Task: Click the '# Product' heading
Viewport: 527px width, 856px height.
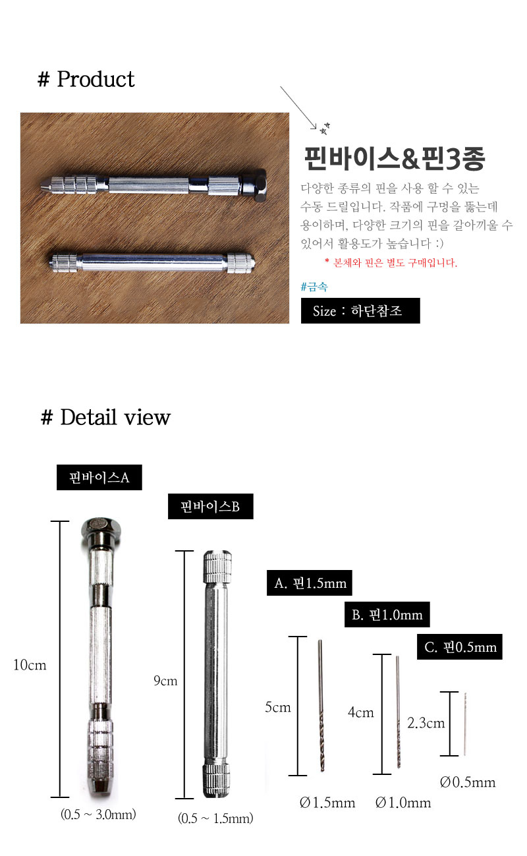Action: (86, 79)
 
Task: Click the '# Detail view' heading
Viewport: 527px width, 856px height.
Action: (105, 417)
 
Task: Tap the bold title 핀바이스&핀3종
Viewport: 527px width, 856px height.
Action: (395, 158)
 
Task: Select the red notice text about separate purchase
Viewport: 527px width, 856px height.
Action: (391, 262)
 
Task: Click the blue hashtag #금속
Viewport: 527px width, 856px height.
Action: (314, 287)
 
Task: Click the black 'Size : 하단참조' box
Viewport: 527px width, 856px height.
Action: (360, 310)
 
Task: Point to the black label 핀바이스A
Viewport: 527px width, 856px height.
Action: (99, 477)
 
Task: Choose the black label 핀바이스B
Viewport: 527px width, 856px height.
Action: (210, 506)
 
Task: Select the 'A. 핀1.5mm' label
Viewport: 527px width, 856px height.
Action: (310, 583)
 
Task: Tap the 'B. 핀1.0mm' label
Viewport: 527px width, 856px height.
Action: (387, 614)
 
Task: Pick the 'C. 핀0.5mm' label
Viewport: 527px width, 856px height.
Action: (459, 647)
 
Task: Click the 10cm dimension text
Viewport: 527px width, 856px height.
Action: (30, 665)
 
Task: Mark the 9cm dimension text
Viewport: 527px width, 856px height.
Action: (165, 681)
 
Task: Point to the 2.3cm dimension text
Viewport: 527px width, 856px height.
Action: (426, 723)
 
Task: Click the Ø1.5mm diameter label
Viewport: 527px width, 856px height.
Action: (327, 802)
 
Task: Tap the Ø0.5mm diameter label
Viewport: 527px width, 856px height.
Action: (468, 782)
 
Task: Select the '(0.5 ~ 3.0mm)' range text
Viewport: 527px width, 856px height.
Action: (98, 814)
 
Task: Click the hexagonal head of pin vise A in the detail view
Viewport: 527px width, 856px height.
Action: (101, 527)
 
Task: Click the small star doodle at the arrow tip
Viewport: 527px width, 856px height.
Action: (325, 128)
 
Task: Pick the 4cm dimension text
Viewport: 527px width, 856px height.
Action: (360, 712)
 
